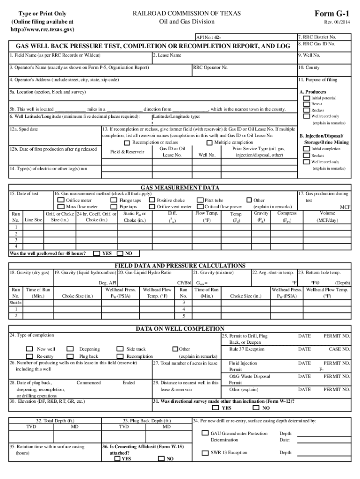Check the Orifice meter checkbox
pyautogui.click(x=60, y=200)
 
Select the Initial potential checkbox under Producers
pyautogui.click(x=306, y=98)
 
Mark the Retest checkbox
pyautogui.click(x=306, y=104)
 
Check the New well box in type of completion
pyautogui.click(x=29, y=349)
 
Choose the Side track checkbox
pyautogui.click(x=120, y=349)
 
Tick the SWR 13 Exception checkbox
pyautogui.click(x=205, y=453)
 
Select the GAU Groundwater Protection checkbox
pyautogui.click(x=205, y=434)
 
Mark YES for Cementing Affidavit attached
pyautogui.click(x=117, y=459)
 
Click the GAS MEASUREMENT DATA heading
pyautogui.click(x=180, y=188)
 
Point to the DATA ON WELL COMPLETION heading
pyautogui.click(x=180, y=329)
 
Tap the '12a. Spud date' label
pyautogui.click(x=24, y=129)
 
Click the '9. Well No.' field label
pyautogui.click(x=310, y=55)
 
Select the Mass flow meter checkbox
pyautogui.click(x=60, y=206)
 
